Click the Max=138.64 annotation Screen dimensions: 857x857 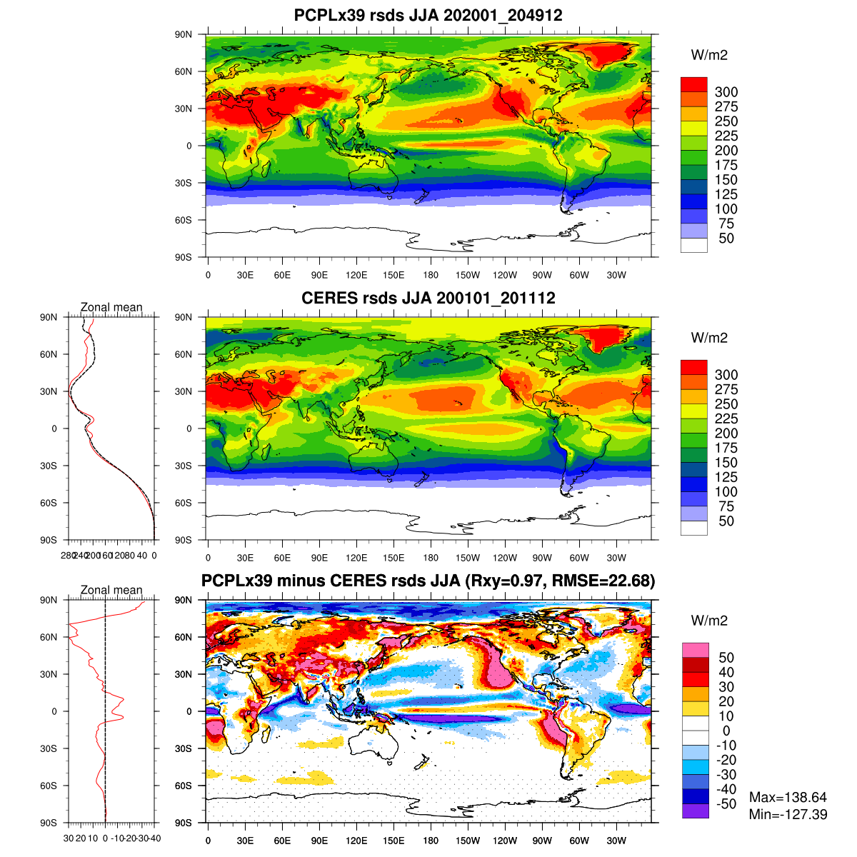pos(788,798)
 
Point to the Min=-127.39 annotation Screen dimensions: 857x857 pos(788,814)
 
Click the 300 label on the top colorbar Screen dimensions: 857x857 pos(726,92)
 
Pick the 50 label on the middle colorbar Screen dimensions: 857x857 pos(726,521)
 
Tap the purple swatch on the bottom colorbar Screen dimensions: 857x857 pos(695,811)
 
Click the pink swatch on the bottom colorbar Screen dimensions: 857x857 pos(695,650)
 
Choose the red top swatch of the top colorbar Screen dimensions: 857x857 pos(693,84)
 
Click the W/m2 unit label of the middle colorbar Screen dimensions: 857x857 pos(709,338)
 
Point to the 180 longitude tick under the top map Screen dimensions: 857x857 pos(431,276)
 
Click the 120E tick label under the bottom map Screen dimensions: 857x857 pos(356,841)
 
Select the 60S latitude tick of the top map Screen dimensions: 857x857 pos(184,220)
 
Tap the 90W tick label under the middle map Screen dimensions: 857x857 pos(542,558)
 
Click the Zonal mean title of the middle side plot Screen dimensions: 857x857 pos(111,308)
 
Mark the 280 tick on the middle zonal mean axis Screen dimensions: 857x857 pos(67,555)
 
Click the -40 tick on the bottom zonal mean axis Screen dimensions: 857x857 pos(155,838)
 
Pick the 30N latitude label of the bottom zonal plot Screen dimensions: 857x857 pos(49,674)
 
